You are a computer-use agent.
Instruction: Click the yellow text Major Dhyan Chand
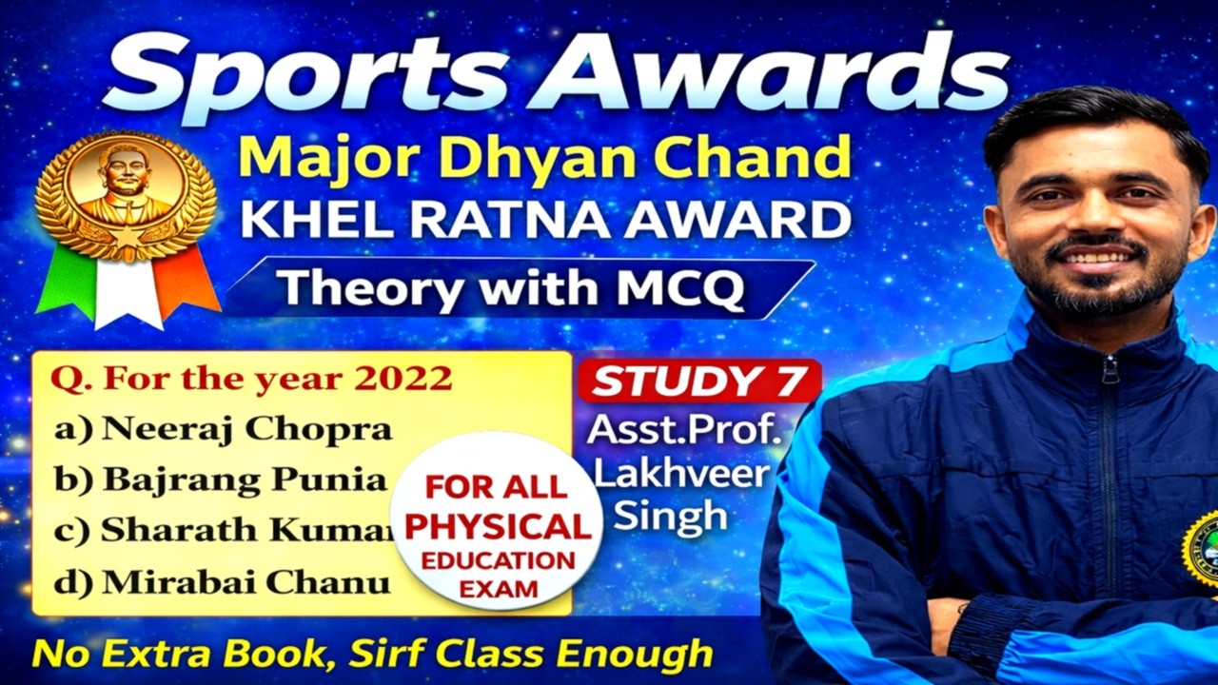[x=544, y=158]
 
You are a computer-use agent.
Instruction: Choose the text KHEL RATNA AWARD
[x=544, y=221]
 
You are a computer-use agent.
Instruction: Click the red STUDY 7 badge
[x=699, y=381]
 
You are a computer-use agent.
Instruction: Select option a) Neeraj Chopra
[x=223, y=429]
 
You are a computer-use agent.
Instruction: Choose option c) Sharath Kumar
[x=223, y=531]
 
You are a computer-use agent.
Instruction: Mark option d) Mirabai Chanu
[x=221, y=581]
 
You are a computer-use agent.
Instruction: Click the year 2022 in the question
[x=403, y=379]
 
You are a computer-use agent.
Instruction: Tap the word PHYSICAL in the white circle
[x=498, y=526]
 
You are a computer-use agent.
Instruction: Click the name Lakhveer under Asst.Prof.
[x=681, y=474]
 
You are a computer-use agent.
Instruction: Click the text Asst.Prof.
[x=683, y=430]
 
